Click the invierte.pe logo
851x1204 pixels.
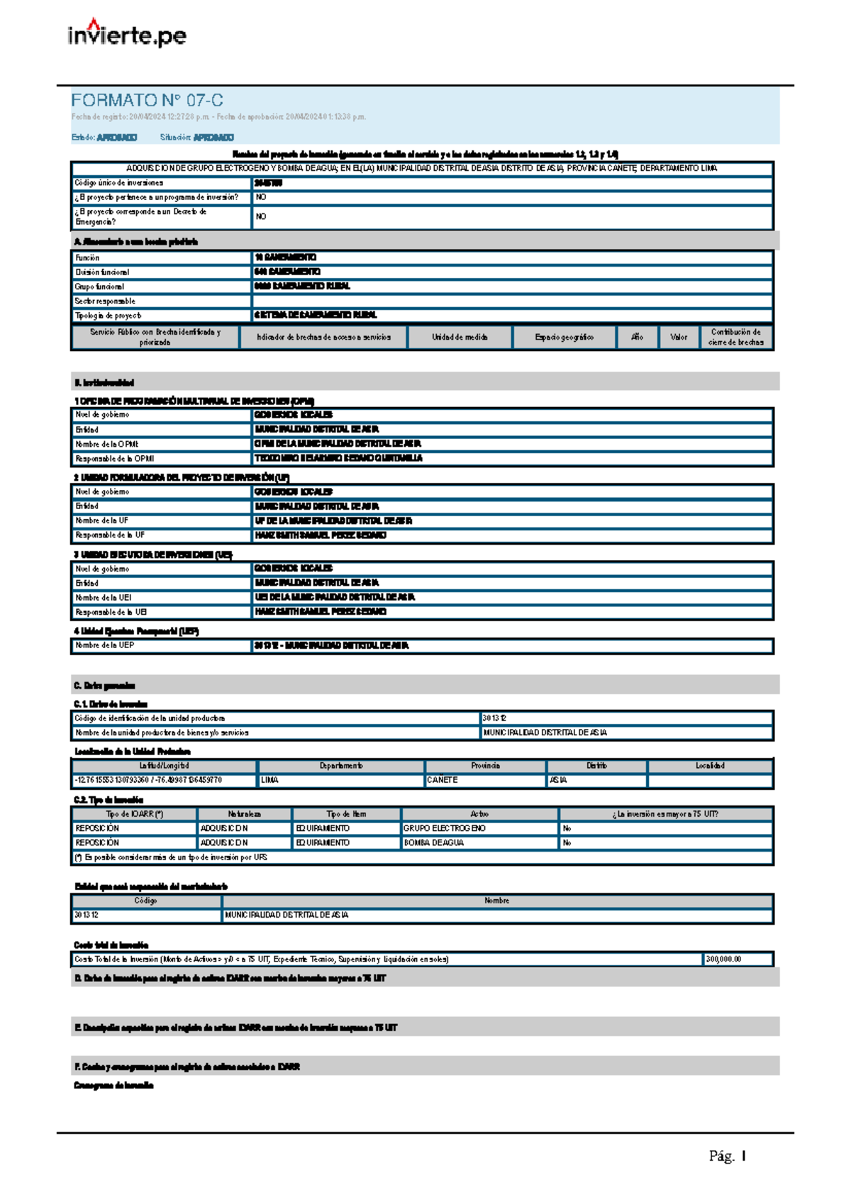(x=127, y=33)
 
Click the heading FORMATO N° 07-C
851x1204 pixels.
(x=147, y=100)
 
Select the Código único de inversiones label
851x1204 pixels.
(x=119, y=183)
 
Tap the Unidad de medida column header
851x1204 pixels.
(x=460, y=338)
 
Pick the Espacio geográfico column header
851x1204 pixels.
(x=564, y=338)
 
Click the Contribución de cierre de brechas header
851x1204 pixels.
(x=735, y=337)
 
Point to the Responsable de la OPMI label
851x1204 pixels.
(x=115, y=459)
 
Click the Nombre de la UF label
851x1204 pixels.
(x=102, y=520)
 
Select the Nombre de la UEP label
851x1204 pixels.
(x=105, y=646)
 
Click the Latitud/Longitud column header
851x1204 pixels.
(x=164, y=766)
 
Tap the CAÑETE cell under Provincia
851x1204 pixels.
(x=443, y=780)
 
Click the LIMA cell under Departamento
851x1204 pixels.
(x=269, y=780)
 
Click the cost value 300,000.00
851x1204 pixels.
(x=723, y=959)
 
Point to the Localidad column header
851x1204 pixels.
(x=709, y=766)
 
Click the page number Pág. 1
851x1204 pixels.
(x=727, y=1156)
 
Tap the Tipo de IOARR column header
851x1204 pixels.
(x=134, y=814)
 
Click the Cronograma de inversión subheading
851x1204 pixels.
(x=113, y=1086)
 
